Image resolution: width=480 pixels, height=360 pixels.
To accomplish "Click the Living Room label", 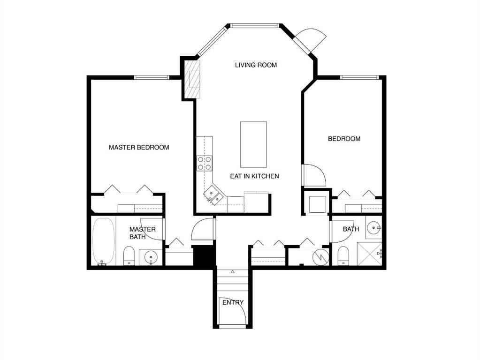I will coord(256,65).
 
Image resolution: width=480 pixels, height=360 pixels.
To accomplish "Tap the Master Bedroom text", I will coord(139,147).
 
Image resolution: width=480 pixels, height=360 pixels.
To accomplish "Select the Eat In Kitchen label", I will coord(254,176).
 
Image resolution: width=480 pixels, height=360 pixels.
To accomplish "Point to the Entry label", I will coord(233,302).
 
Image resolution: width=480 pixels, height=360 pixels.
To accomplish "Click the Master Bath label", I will coord(142,233).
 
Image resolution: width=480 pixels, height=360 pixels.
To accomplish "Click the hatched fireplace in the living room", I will coord(191,78).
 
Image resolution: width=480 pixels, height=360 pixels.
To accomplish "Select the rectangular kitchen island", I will coord(253,144).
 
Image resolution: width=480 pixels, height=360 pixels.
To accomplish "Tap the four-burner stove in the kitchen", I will coord(204,163).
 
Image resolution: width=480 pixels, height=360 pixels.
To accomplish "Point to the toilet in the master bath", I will coord(129,256).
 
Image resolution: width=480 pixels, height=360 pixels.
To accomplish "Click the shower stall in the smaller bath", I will coord(369,254).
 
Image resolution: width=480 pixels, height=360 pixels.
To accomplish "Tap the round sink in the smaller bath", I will coord(373,228).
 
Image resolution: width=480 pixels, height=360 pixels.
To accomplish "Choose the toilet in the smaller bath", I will coord(343,255).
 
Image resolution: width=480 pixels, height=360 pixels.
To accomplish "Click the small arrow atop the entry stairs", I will coord(233,271).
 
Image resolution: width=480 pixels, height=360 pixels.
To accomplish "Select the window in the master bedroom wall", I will coord(152,77).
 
